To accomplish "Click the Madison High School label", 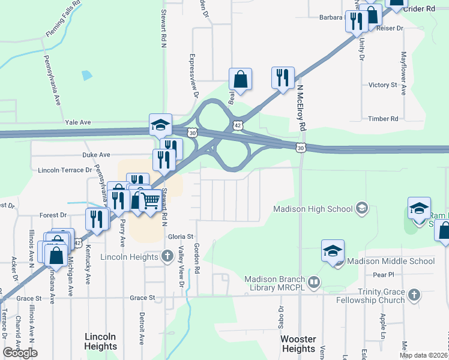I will point(313,209).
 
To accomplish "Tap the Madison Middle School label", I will point(391,261).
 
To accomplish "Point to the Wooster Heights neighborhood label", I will point(298,344).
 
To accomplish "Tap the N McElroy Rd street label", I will point(301,107).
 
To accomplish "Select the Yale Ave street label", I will point(77,122).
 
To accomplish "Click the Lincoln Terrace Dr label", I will point(65,170).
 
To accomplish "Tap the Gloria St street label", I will point(180,237).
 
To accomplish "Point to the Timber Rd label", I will point(384,119).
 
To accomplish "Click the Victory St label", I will point(383,85).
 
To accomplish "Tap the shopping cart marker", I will point(150,201).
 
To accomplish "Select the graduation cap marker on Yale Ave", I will point(160,125).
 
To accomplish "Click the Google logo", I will point(20,353).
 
